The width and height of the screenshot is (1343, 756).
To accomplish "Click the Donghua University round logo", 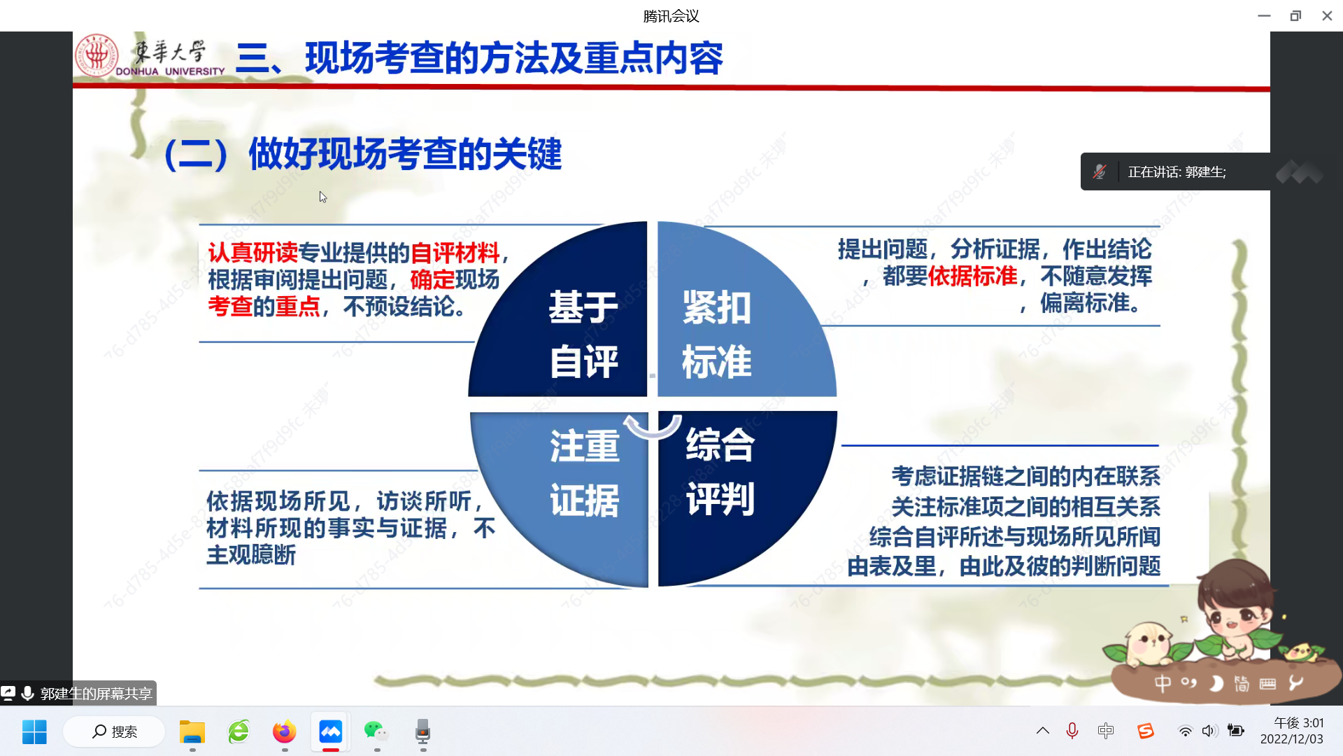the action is (x=97, y=55).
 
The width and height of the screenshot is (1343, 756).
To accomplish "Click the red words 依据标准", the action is (x=973, y=276).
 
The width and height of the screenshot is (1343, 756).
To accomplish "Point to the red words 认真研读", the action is (x=253, y=252).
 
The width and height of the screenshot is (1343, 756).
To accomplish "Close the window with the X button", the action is (x=1327, y=15).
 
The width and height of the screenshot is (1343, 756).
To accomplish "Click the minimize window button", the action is (x=1264, y=15).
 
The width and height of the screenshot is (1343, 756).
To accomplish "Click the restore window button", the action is (x=1295, y=15).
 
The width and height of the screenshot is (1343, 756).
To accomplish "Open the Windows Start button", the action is (x=34, y=731).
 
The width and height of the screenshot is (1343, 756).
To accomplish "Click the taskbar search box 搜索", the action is (x=114, y=731).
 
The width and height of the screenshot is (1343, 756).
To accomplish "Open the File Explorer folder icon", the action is (x=192, y=731).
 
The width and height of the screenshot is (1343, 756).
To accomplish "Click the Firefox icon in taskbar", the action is (x=285, y=731).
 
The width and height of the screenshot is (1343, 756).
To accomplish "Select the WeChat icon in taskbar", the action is (x=376, y=731).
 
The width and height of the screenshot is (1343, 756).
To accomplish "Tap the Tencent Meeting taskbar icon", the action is (x=331, y=731).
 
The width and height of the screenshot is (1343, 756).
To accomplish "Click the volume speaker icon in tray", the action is (x=1209, y=731).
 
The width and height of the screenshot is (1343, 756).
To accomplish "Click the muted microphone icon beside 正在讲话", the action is (x=1100, y=171).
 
